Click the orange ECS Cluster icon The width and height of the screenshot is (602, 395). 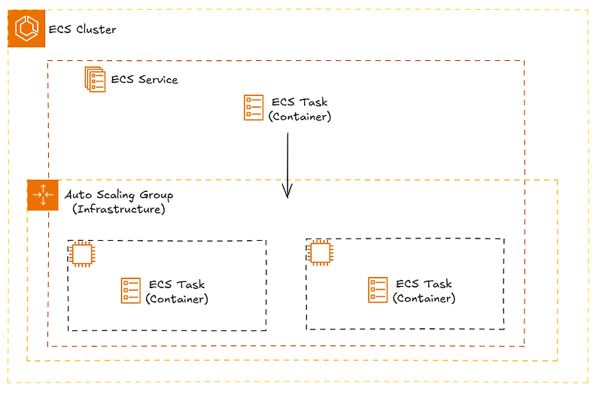[x=27, y=29]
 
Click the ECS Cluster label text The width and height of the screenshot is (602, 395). [x=83, y=29]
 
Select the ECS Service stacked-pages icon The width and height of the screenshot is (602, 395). [x=95, y=79]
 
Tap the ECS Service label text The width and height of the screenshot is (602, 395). [x=144, y=79]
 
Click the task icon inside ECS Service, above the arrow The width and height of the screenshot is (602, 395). [x=254, y=107]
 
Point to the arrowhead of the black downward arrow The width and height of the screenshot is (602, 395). [x=287, y=194]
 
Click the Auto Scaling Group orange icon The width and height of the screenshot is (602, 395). [x=42, y=195]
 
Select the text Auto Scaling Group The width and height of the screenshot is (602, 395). [x=119, y=195]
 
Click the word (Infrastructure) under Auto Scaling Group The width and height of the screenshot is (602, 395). [x=119, y=209]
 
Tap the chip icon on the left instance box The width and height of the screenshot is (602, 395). [x=81, y=254]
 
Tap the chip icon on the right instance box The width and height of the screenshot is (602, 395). [x=320, y=254]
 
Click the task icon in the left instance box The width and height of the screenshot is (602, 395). [x=131, y=290]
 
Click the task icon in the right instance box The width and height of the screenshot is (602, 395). [x=378, y=290]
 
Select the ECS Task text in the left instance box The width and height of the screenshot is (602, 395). [x=177, y=284]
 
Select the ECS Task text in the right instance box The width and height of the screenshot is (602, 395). [x=424, y=284]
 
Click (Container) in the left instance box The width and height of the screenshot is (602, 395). [x=177, y=299]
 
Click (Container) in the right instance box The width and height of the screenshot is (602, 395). [x=424, y=298]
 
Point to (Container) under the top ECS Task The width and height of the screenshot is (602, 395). [x=300, y=117]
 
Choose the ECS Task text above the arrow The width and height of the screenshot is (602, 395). [x=300, y=102]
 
